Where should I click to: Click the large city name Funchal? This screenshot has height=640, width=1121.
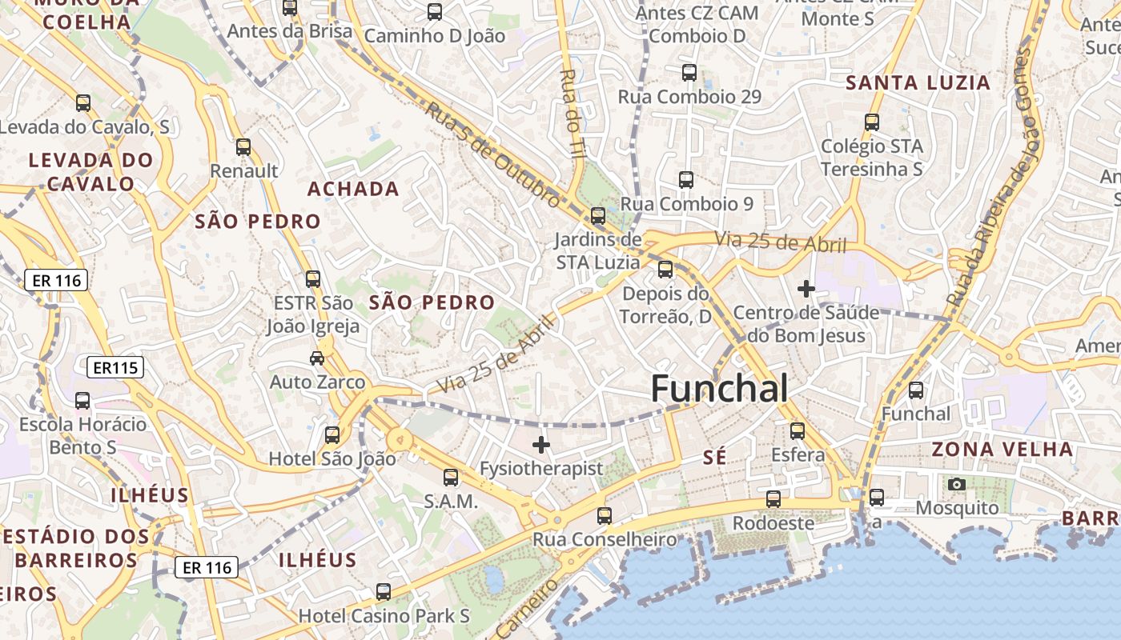[x=719, y=389]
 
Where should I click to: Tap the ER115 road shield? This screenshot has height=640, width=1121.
[x=115, y=368]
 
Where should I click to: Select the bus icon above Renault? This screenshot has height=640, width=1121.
[x=243, y=147]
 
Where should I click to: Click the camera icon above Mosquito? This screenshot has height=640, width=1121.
[x=956, y=484]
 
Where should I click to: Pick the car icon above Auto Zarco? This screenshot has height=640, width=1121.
[x=317, y=358]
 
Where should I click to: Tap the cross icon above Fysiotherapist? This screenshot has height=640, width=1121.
[x=541, y=445]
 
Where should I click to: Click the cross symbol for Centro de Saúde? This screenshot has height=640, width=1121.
[x=806, y=288]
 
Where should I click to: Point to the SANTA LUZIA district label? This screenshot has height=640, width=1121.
[x=918, y=82]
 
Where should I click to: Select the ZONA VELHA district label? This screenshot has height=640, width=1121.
[x=1002, y=449]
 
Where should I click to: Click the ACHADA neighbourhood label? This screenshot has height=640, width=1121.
[x=353, y=189]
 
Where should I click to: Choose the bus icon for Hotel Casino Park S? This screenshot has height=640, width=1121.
[x=384, y=592]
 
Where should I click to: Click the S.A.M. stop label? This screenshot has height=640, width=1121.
[x=451, y=502]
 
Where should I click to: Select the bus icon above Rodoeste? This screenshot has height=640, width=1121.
[x=773, y=499]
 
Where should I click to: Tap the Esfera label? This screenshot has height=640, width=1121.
[x=798, y=455]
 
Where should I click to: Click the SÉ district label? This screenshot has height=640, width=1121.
[x=714, y=458]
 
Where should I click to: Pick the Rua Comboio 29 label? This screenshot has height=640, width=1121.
[x=689, y=97]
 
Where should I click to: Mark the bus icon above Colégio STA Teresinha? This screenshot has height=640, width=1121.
[x=872, y=122]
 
